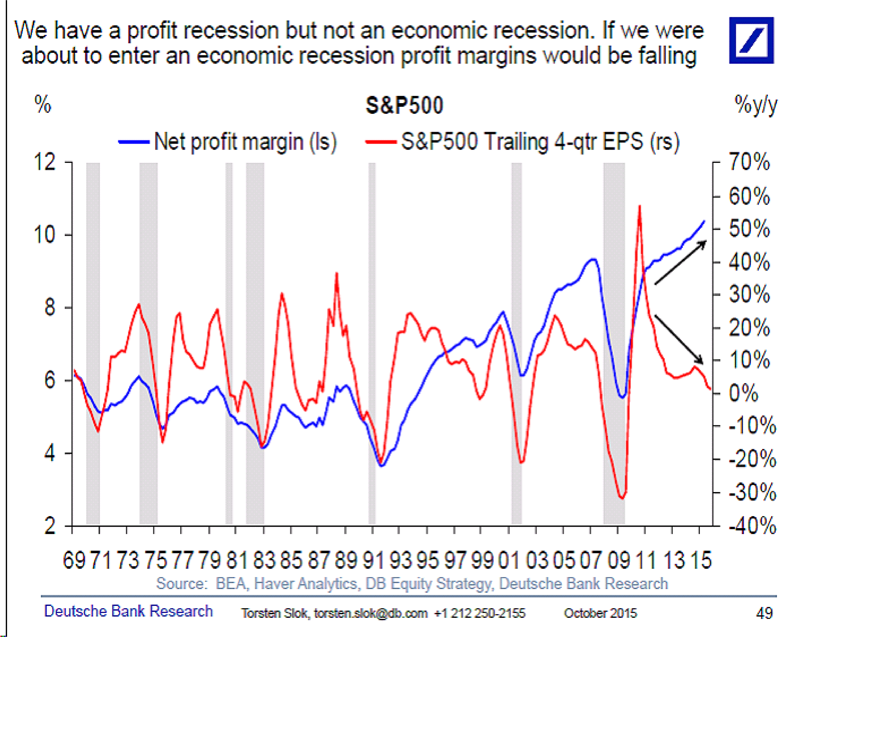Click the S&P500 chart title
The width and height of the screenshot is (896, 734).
(404, 105)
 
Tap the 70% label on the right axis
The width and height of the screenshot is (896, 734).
(749, 162)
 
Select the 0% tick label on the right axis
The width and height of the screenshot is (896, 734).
(743, 393)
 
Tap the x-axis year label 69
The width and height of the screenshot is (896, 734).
(74, 560)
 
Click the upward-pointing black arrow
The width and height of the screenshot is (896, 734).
(681, 262)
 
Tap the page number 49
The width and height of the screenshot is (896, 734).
(764, 613)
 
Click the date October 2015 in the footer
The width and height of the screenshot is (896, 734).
(600, 613)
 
